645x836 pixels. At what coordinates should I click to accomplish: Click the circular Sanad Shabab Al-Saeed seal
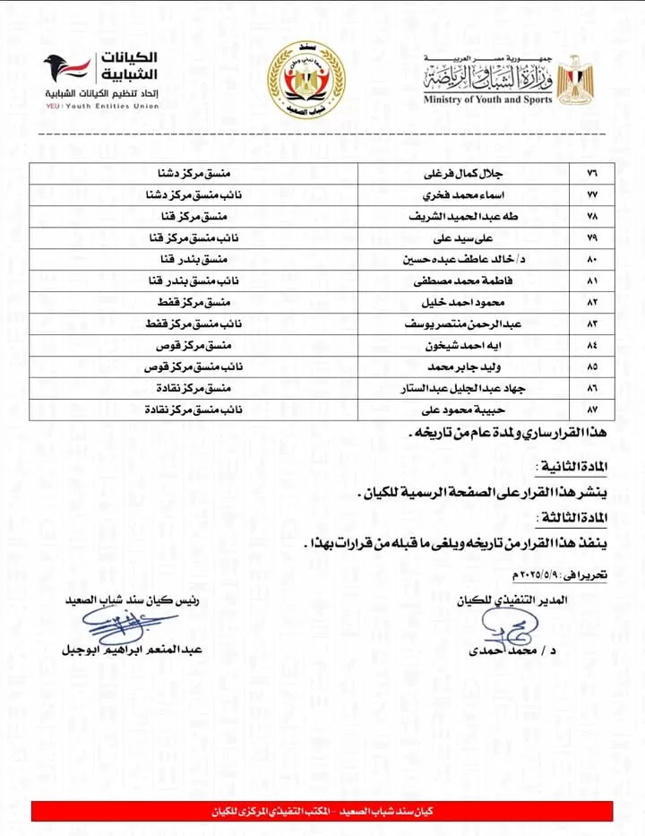[x=307, y=79]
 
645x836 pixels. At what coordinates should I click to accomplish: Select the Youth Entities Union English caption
[x=102, y=106]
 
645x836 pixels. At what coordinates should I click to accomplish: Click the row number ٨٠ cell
[x=590, y=260]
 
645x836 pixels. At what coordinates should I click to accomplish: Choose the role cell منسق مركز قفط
[x=193, y=303]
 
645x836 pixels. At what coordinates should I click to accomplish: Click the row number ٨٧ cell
[x=590, y=410]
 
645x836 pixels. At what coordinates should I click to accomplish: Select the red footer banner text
[x=322, y=812]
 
